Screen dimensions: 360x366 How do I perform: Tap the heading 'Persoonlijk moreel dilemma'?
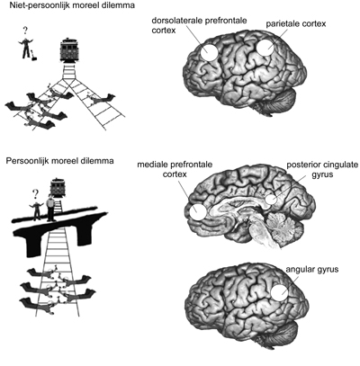pyautogui.click(x=59, y=161)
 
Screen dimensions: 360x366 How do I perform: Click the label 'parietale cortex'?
pyautogui.click(x=296, y=24)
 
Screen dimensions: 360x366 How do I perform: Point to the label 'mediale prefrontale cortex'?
pyautogui.click(x=175, y=169)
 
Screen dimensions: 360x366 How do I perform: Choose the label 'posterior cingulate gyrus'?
pyautogui.click(x=322, y=169)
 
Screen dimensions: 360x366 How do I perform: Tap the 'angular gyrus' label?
pyautogui.click(x=312, y=269)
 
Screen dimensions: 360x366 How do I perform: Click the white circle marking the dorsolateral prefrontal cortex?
pyautogui.click(x=209, y=52)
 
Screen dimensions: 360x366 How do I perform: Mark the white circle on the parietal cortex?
pyautogui.click(x=265, y=48)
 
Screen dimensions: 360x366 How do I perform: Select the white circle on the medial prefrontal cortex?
pyautogui.click(x=198, y=211)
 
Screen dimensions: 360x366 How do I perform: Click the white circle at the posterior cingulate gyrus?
pyautogui.click(x=271, y=200)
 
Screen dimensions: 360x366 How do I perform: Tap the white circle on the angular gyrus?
pyautogui.click(x=280, y=292)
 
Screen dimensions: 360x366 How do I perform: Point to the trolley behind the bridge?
pyautogui.click(x=57, y=188)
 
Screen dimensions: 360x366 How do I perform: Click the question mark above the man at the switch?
pyautogui.click(x=25, y=31)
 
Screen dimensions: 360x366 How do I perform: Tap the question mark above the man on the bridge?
pyautogui.click(x=35, y=196)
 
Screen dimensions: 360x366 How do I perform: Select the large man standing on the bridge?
pyautogui.click(x=50, y=208)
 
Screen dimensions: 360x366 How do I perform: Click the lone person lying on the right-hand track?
pyautogui.click(x=101, y=99)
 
